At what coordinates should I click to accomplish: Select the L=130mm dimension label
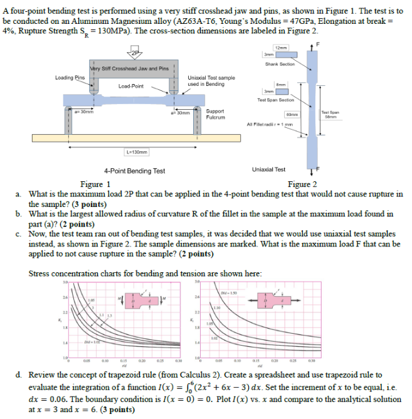click(137, 151)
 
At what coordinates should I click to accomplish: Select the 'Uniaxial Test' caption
click(268, 169)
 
